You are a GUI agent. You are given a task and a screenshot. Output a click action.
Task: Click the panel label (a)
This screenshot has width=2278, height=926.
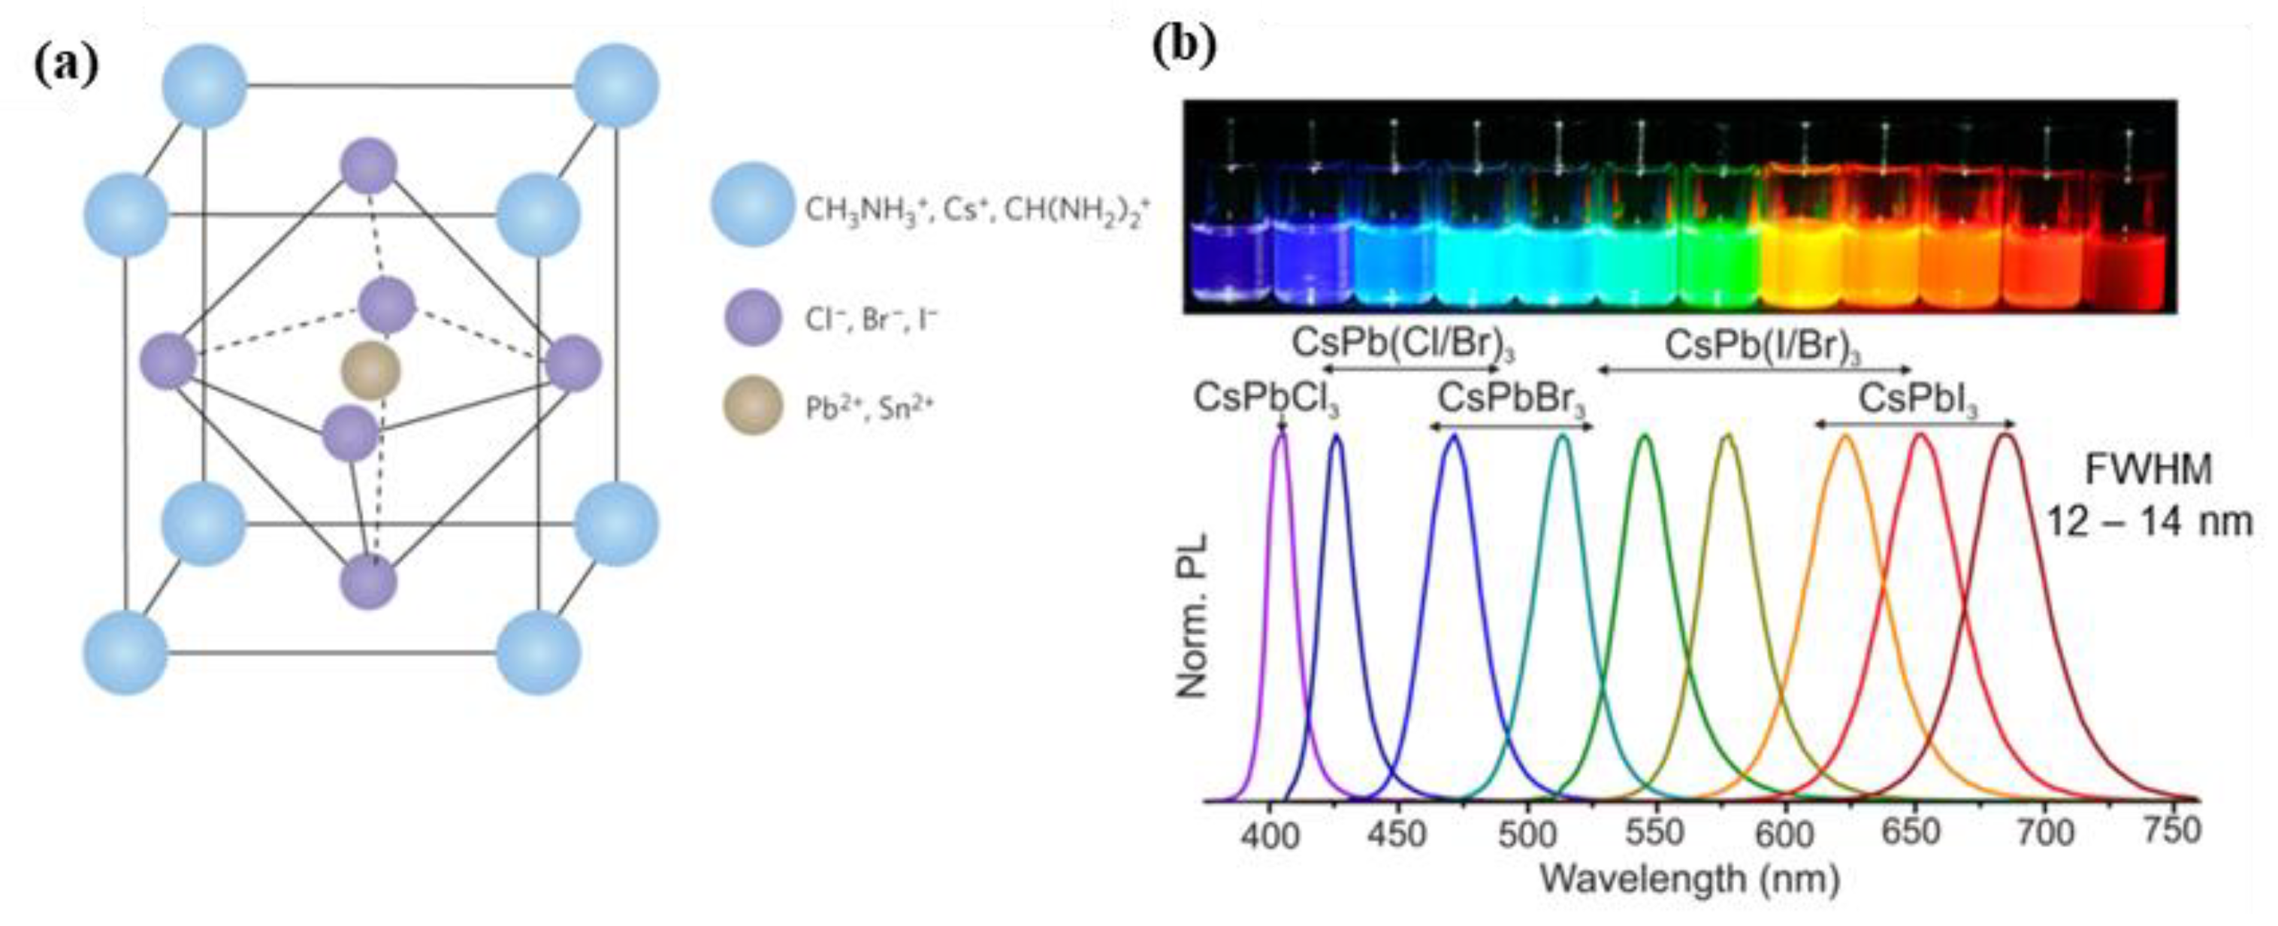66,65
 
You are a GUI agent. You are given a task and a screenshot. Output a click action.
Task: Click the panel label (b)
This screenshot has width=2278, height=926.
1184,45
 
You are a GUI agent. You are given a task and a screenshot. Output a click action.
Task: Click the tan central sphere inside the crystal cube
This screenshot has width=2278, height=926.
370,371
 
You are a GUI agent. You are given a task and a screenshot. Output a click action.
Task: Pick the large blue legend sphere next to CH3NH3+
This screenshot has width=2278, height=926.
753,204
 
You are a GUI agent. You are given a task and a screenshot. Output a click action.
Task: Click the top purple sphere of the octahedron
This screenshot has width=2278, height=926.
369,165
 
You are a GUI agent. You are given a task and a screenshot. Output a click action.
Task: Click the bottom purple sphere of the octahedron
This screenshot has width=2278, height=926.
369,581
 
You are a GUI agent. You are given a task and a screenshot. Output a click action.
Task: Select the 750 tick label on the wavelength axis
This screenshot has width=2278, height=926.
2172,831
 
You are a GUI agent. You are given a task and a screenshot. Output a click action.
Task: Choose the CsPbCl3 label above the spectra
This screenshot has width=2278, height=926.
1265,399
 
